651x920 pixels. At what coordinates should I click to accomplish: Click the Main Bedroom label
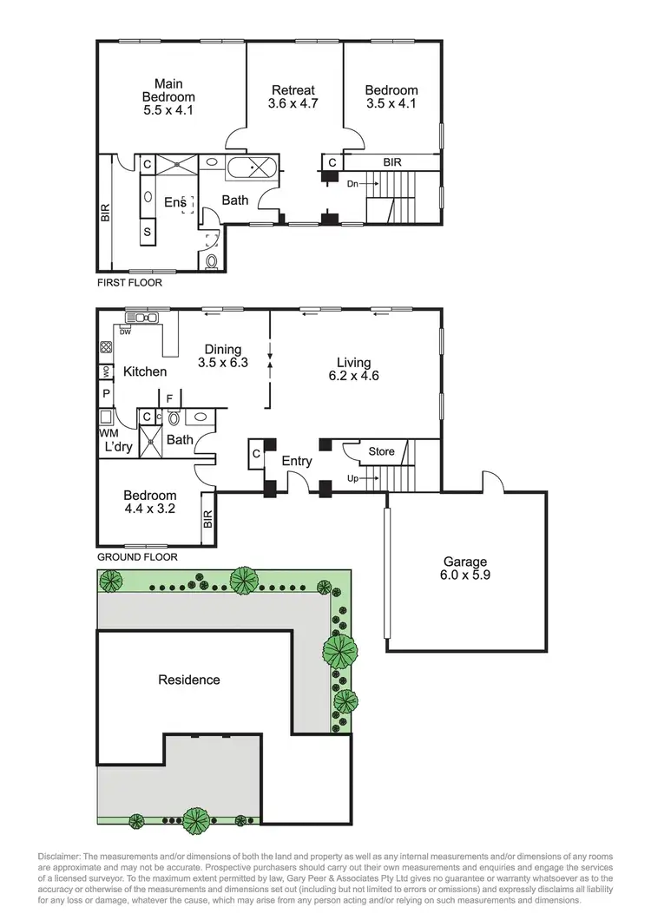click(x=169, y=97)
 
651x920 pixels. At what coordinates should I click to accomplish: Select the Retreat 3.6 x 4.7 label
click(x=293, y=96)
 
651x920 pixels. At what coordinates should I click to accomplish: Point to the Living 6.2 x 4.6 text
click(x=354, y=369)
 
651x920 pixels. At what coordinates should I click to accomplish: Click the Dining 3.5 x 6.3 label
click(x=222, y=356)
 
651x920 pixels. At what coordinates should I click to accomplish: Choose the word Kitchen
click(x=144, y=371)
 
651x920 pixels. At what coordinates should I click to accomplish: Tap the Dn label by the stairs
click(x=352, y=184)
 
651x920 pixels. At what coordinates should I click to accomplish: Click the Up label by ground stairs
click(x=352, y=478)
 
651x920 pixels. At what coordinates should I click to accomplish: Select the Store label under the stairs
click(x=381, y=451)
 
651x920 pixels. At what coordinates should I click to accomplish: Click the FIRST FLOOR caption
click(x=128, y=282)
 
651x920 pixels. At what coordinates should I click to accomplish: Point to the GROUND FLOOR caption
click(x=137, y=557)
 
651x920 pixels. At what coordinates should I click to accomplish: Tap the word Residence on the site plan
click(x=188, y=680)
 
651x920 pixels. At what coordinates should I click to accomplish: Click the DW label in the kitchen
click(x=127, y=332)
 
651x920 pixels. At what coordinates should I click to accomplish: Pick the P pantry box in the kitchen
click(x=106, y=393)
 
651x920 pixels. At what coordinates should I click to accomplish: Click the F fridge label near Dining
click(x=170, y=399)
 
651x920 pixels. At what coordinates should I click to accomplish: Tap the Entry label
click(x=297, y=461)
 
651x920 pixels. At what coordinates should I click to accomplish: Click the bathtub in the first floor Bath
click(x=252, y=168)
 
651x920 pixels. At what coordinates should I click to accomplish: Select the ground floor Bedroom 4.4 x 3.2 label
click(x=149, y=502)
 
